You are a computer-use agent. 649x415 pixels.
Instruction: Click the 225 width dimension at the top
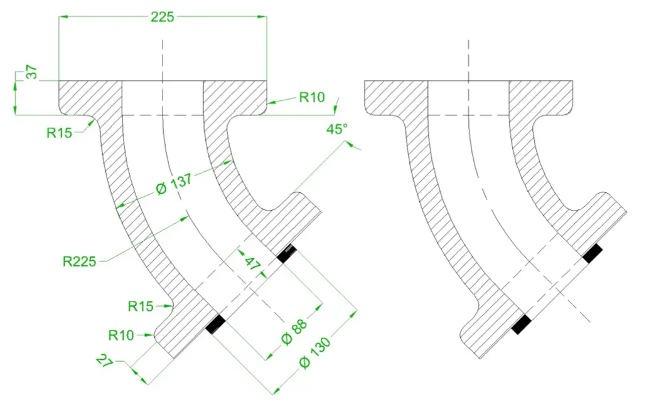(x=162, y=17)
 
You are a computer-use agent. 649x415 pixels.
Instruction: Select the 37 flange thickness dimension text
(x=32, y=72)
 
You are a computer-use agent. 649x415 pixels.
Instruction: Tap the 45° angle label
(x=337, y=129)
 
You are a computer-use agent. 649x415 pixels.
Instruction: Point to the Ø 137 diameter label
(x=174, y=184)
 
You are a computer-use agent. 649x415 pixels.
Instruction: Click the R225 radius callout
(x=80, y=261)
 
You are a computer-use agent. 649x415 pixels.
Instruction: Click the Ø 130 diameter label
(x=315, y=353)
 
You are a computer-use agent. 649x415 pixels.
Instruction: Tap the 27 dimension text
(x=105, y=361)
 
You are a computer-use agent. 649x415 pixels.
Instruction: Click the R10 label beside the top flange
(x=312, y=98)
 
